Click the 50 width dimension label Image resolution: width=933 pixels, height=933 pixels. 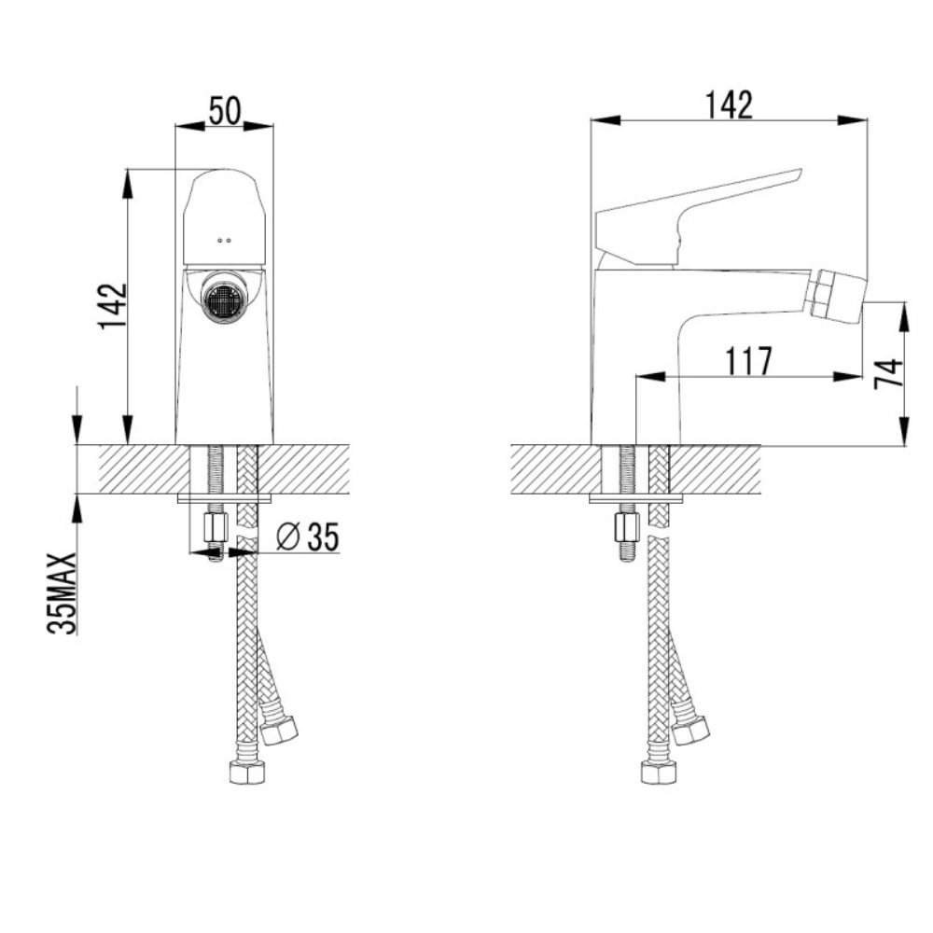(225, 111)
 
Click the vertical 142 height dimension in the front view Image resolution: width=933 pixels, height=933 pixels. (113, 306)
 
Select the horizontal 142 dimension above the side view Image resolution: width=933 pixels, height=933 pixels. (729, 105)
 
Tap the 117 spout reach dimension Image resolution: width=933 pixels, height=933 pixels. (748, 361)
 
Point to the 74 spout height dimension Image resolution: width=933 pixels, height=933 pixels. (888, 374)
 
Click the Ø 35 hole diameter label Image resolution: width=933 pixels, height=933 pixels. (308, 536)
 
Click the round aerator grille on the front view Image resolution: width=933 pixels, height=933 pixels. (223, 299)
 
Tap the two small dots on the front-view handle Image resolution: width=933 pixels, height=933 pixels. (225, 241)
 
